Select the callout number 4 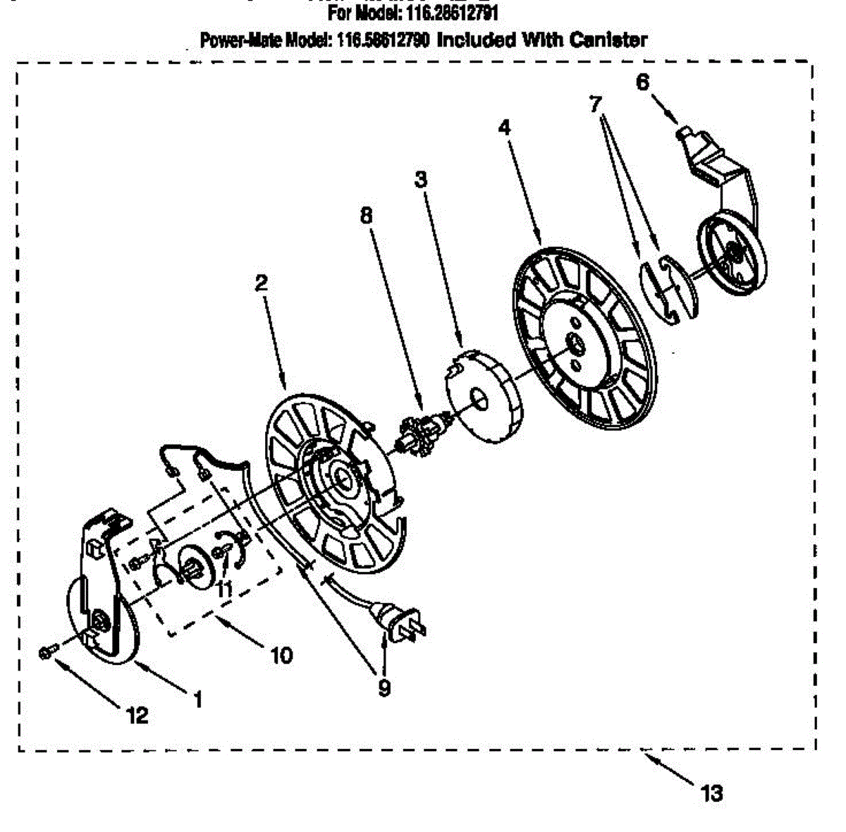[x=504, y=128]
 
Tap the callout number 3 [x=421, y=181]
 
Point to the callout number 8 [x=365, y=216]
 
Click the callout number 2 [x=262, y=283]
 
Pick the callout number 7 [x=596, y=105]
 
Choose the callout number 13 [x=712, y=794]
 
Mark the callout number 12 [x=137, y=716]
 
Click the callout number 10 [x=281, y=655]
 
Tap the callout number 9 [x=384, y=688]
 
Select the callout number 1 [x=198, y=699]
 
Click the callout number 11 [x=224, y=589]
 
